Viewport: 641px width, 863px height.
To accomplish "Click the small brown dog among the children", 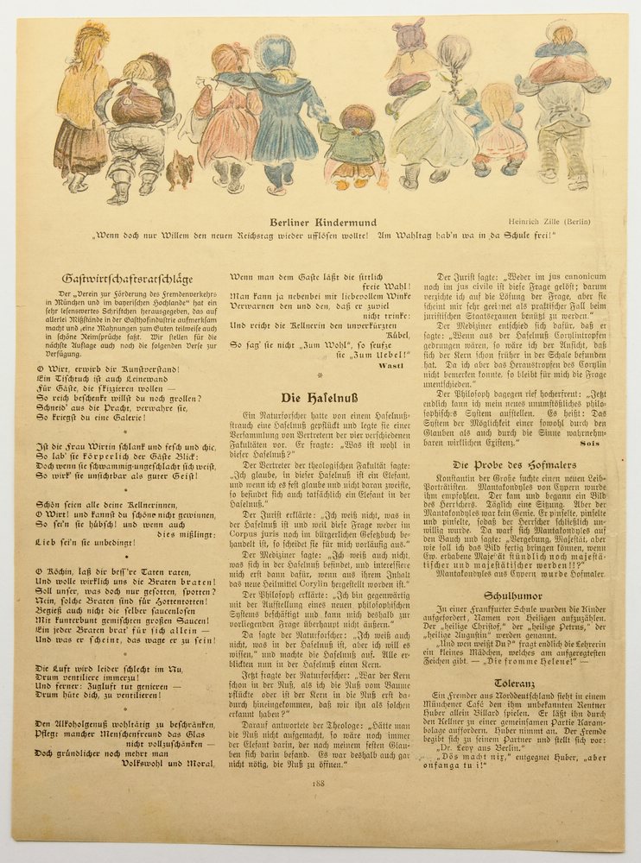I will (x=180, y=169).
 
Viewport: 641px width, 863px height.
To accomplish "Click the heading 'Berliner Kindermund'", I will (x=320, y=222).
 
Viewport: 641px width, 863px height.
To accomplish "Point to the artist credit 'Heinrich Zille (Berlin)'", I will (x=550, y=222).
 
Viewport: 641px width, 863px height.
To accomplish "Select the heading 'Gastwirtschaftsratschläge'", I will (x=127, y=278).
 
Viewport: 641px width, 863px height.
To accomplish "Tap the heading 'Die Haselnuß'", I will (x=320, y=397).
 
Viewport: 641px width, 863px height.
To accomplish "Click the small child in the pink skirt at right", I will (x=501, y=129).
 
